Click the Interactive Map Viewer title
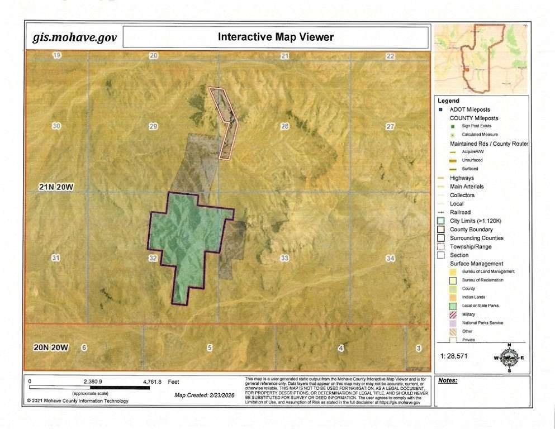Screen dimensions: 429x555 [275, 37]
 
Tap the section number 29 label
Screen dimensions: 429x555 [153, 127]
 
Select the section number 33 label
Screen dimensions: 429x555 [284, 258]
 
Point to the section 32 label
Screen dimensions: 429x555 [153, 258]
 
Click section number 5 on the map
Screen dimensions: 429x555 [210, 348]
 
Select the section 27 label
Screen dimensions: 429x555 [390, 126]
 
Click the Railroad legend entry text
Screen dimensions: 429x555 [461, 212]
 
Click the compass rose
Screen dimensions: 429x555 [509, 356]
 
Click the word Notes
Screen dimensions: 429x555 [448, 380]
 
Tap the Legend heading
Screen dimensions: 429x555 [448, 101]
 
